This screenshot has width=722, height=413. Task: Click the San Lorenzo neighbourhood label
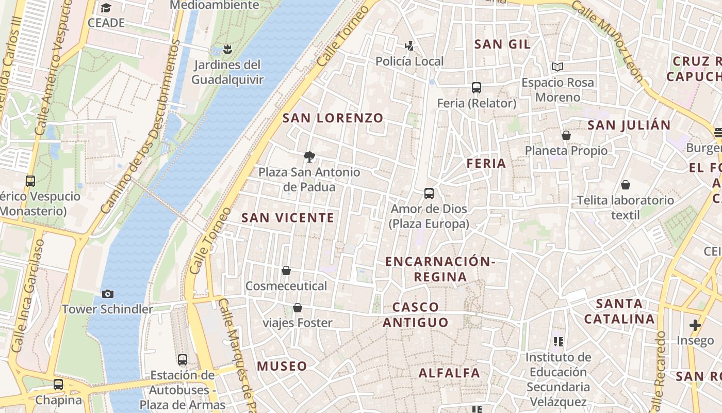coord(333,118)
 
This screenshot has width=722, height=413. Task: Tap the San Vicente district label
coord(288,218)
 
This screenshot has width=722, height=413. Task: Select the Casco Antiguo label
coord(415,315)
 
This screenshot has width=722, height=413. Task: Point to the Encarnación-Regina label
coord(440,269)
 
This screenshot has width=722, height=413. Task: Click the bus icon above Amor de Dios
coord(429,194)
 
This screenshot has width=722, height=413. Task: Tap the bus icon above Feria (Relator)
coord(477,88)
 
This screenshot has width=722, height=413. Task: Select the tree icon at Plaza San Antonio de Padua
coord(309,156)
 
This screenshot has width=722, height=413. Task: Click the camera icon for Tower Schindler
coord(108,294)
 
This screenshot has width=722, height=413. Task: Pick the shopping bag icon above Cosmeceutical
coord(286,271)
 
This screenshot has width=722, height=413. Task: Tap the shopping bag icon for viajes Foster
coord(298,308)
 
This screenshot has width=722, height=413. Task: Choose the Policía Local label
coord(409,61)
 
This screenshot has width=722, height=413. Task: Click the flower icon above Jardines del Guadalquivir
coord(227,50)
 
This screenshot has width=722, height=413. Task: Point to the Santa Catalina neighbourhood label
coord(619,311)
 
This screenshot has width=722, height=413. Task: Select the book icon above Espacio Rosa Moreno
coord(557,67)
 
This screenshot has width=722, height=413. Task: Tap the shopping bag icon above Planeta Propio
coord(566,135)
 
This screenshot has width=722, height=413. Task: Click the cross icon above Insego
coord(695,325)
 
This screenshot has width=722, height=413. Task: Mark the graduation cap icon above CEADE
coord(106,8)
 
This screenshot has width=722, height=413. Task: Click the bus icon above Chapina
coord(58,385)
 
